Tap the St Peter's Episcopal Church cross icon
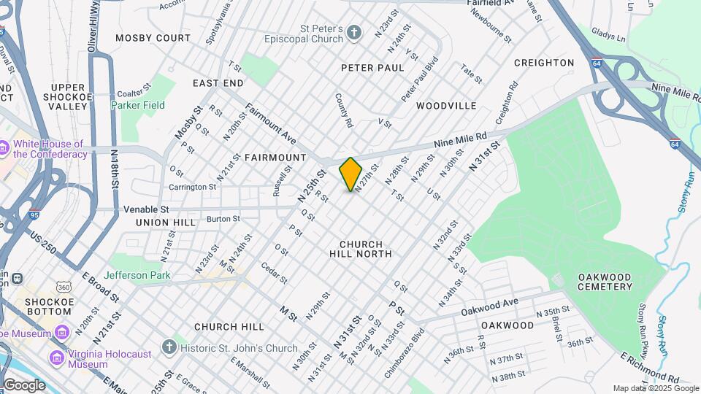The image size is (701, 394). (x=353, y=32)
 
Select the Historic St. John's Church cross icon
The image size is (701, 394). (x=169, y=347)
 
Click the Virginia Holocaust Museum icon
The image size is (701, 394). (x=57, y=358)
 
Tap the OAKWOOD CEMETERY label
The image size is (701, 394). (x=605, y=282)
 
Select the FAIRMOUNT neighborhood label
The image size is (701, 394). (x=275, y=158)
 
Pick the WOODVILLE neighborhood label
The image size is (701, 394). (x=446, y=106)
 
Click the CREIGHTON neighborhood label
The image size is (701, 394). (x=544, y=63)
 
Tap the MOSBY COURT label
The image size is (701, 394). (x=153, y=37)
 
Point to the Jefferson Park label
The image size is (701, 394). (x=137, y=275)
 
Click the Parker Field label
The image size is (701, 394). (x=138, y=105)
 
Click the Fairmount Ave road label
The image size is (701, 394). (x=270, y=122)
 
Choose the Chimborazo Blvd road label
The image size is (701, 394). (x=409, y=342)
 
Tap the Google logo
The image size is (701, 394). (x=24, y=385)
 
